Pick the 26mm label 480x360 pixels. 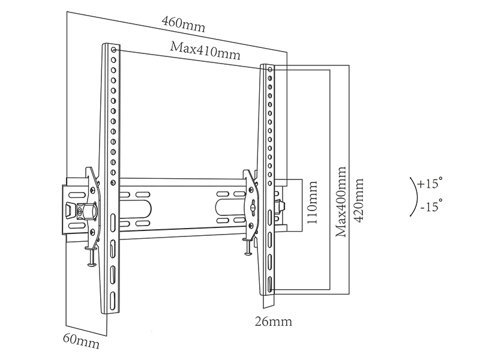(273, 322)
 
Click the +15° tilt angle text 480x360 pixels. (430, 182)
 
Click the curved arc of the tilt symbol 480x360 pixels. (415, 195)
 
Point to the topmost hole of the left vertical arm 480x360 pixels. (114, 50)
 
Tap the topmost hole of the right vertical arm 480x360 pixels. (269, 70)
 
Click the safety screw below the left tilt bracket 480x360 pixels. (91, 256)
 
